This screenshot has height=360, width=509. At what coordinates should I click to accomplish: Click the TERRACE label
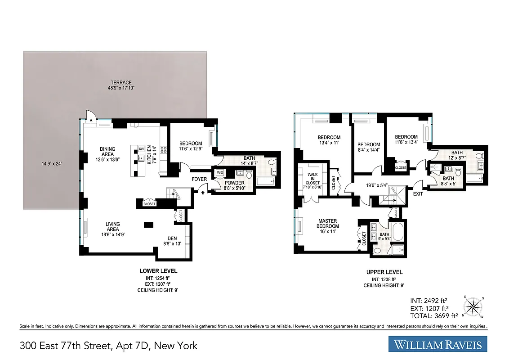coord(122,82)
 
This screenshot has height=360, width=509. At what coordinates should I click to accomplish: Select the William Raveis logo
coord(438,345)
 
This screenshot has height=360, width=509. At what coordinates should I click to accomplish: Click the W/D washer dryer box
coord(220,173)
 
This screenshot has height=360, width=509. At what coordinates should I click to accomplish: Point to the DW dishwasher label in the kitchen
coord(141,148)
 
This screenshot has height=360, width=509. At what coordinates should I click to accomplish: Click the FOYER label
coord(199,179)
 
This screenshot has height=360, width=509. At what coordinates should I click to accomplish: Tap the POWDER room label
coord(234,183)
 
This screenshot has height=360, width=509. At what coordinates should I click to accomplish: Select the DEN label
coord(171,238)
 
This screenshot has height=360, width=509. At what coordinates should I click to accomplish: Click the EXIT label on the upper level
coord(418,194)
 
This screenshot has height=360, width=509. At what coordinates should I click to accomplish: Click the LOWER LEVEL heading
coord(158,271)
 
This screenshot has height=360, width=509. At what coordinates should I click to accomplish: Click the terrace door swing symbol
coord(90,116)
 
